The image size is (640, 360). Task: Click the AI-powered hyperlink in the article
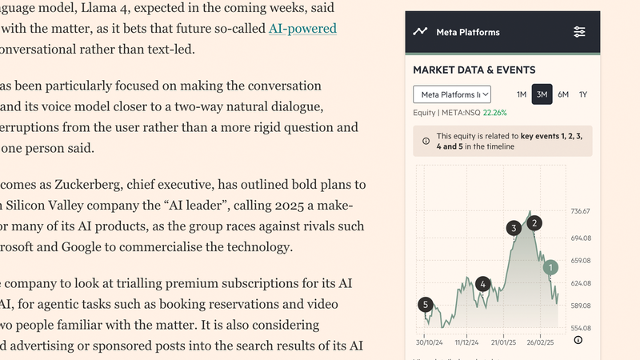pyautogui.click(x=302, y=29)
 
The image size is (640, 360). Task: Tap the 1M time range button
pyautogui.click(x=521, y=94)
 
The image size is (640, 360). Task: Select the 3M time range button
pyautogui.click(x=542, y=94)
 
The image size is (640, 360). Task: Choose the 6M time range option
pyautogui.click(x=563, y=94)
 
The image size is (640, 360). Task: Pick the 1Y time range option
pyautogui.click(x=583, y=94)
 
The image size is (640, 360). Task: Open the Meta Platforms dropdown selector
pyautogui.click(x=452, y=94)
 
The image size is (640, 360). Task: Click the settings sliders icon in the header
pyautogui.click(x=580, y=32)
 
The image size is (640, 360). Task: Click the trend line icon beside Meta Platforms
pyautogui.click(x=420, y=32)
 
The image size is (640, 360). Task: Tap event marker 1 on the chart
pyautogui.click(x=550, y=267)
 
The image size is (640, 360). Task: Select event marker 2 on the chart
pyautogui.click(x=534, y=223)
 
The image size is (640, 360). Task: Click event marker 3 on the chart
pyautogui.click(x=513, y=229)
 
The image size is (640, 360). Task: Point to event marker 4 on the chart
pyautogui.click(x=482, y=283)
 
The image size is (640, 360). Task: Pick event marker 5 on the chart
pyautogui.click(x=426, y=304)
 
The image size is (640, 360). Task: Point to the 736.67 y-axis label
pyautogui.click(x=581, y=211)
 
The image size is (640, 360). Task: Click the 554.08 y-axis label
pyautogui.click(x=581, y=328)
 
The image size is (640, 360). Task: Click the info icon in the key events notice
pyautogui.click(x=425, y=141)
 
